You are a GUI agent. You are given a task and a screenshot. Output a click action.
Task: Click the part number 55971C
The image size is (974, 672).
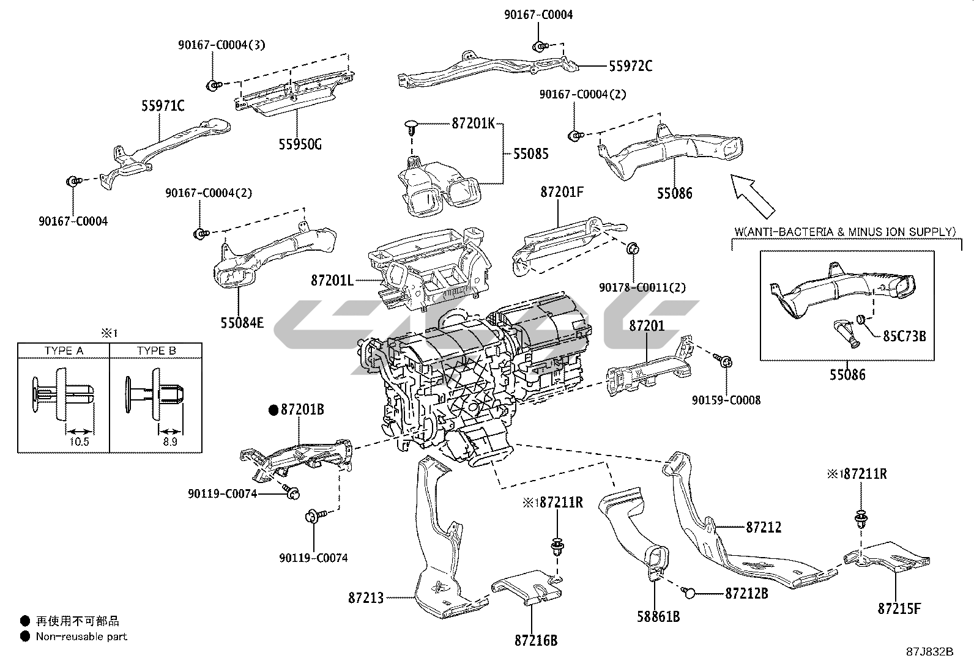(163, 106)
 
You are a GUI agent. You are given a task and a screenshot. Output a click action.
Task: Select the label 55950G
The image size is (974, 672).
(300, 144)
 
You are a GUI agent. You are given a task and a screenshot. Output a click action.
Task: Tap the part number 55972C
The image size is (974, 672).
(630, 66)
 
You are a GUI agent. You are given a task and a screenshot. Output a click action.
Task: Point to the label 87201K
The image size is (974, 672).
(473, 123)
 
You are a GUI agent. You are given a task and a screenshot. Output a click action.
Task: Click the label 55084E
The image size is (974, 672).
(242, 322)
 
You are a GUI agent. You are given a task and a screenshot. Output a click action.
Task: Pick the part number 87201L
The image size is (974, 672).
(332, 281)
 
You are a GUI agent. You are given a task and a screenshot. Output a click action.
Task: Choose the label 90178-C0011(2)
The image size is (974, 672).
(642, 287)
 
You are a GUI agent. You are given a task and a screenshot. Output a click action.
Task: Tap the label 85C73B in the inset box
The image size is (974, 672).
(904, 336)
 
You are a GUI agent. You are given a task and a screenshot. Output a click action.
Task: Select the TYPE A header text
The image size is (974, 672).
(64, 351)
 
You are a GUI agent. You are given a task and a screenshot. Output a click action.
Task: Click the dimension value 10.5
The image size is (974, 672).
(80, 441)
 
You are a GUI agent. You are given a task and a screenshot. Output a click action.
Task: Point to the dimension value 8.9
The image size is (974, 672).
(170, 441)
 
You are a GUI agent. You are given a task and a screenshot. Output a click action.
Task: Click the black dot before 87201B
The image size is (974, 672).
(273, 410)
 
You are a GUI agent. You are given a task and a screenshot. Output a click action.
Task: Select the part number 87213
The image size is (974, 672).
(366, 597)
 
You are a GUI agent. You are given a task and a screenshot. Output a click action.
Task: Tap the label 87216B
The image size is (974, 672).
(536, 641)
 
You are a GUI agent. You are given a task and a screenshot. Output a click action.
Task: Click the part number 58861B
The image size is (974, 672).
(658, 616)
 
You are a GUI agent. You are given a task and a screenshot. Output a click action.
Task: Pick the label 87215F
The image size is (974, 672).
(899, 608)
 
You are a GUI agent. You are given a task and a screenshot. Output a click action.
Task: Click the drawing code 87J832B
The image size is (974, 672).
(930, 652)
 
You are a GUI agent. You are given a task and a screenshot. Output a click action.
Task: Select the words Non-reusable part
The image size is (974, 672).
(81, 637)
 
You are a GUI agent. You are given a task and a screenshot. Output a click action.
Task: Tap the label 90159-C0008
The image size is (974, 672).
(726, 400)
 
